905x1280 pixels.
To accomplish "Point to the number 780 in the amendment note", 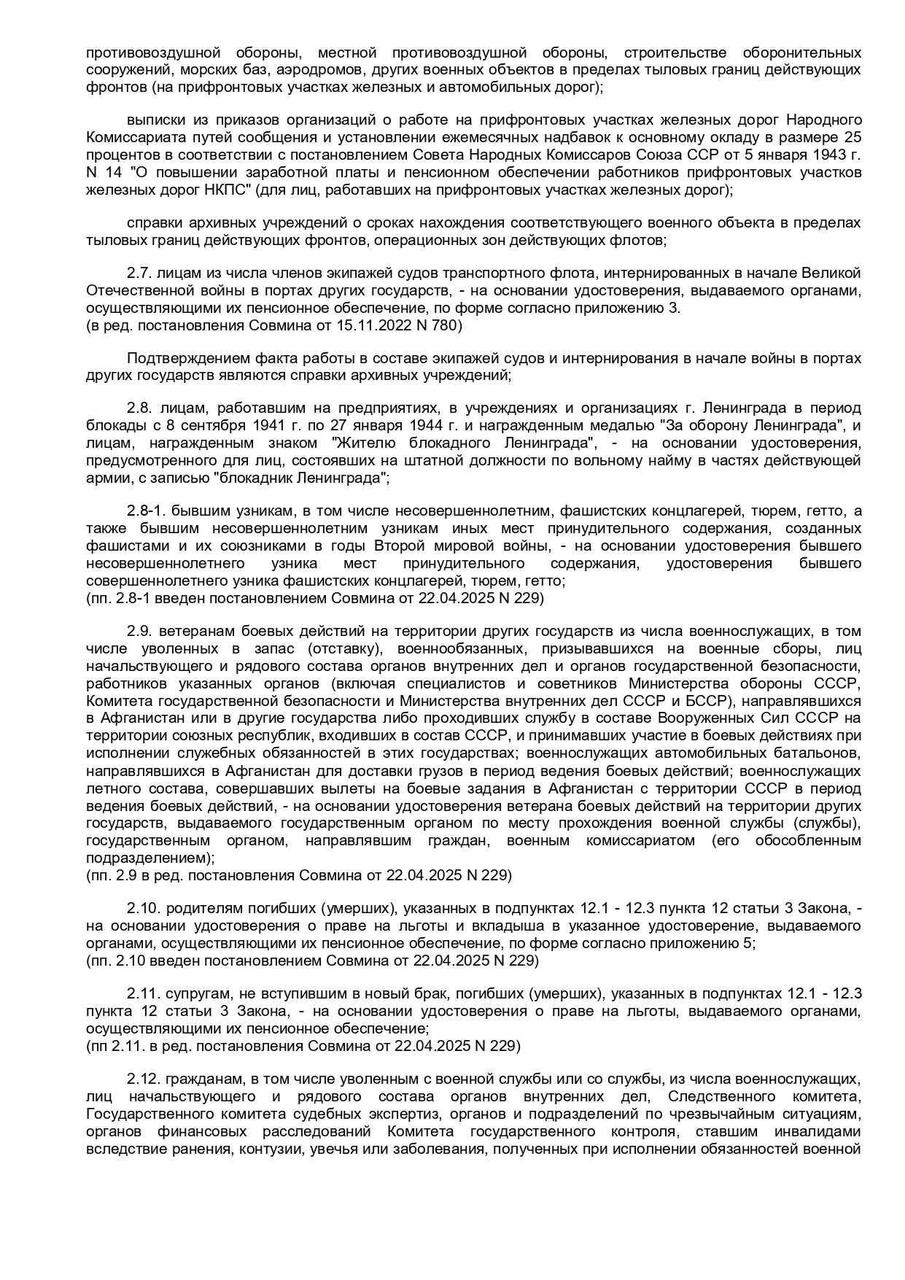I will coord(446,325).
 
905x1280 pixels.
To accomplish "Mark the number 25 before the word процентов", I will coord(852,137).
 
